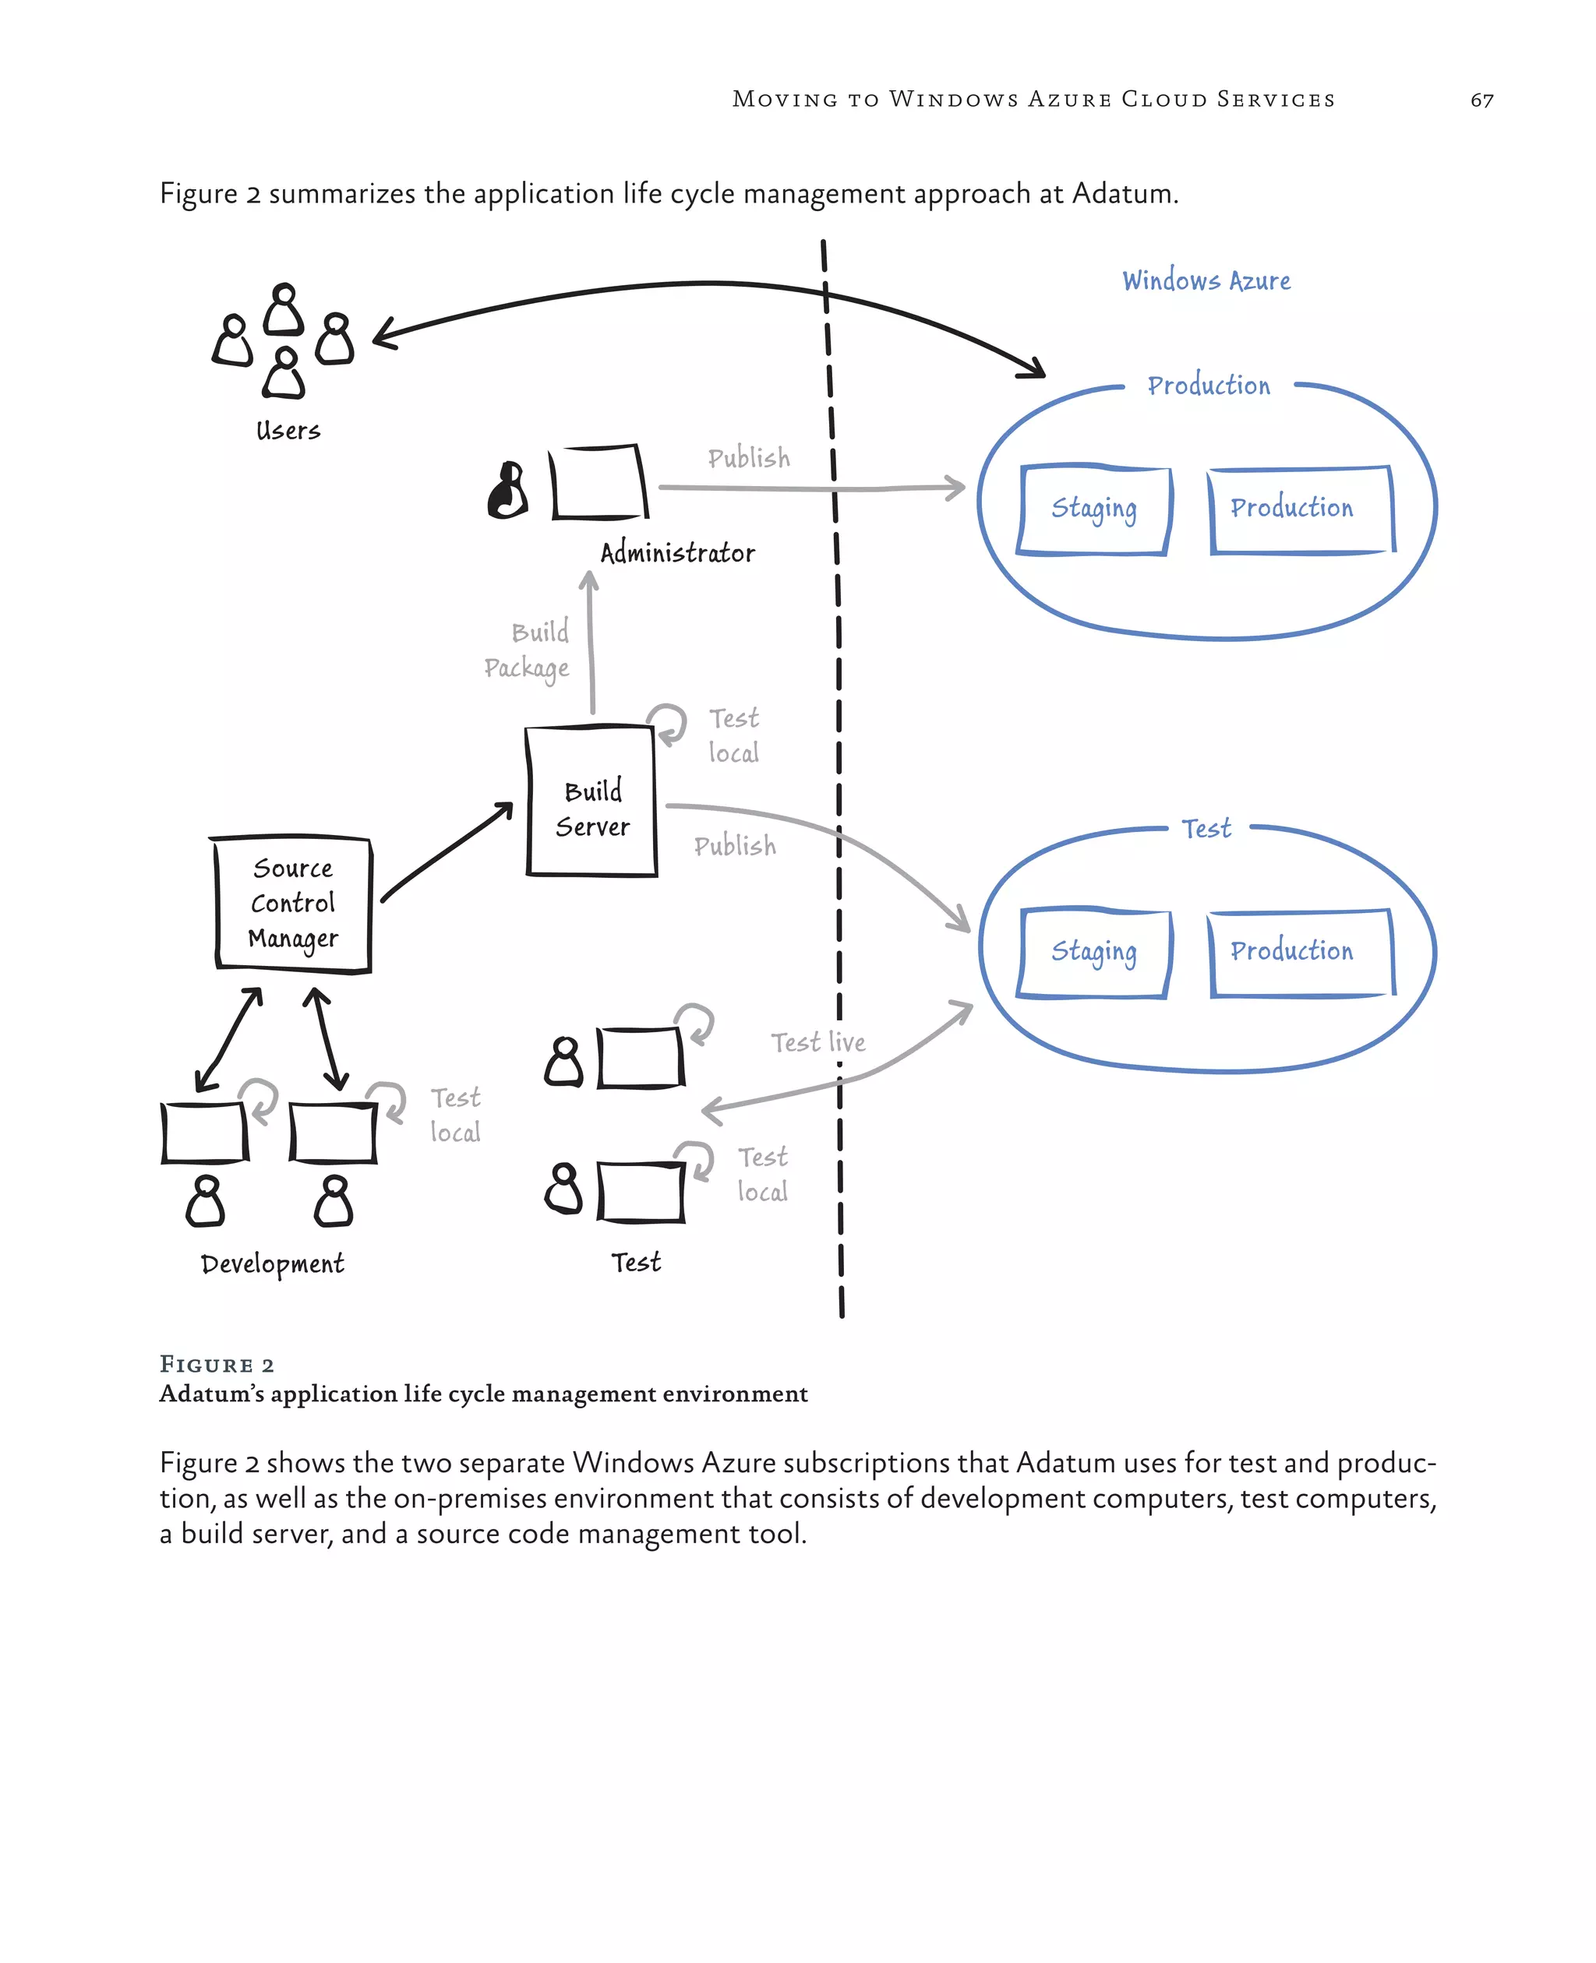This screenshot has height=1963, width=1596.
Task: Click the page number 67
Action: [x=1481, y=100]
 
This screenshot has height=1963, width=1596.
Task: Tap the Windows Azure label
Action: [x=1206, y=281]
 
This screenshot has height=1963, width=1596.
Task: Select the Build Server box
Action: [x=592, y=802]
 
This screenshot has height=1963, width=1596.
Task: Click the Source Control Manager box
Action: [x=293, y=904]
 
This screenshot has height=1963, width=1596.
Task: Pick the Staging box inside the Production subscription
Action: [x=1093, y=509]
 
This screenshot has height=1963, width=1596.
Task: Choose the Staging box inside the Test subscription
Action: [x=1093, y=952]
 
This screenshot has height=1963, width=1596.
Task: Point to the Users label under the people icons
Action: [x=288, y=431]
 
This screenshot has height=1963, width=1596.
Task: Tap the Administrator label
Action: [x=677, y=553]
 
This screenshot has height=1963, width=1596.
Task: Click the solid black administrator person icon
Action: [x=507, y=492]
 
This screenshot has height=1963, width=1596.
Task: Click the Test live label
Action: [x=817, y=1042]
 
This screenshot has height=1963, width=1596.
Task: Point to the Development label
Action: [x=272, y=1264]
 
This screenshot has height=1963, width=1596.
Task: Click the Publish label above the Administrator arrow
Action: [x=748, y=458]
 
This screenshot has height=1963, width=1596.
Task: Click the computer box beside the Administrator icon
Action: [x=598, y=482]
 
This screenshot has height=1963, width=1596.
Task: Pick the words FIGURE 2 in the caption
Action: [x=217, y=1365]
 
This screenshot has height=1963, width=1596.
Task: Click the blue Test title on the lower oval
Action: [x=1206, y=829]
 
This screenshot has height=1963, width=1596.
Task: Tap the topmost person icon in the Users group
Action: [x=284, y=310]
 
